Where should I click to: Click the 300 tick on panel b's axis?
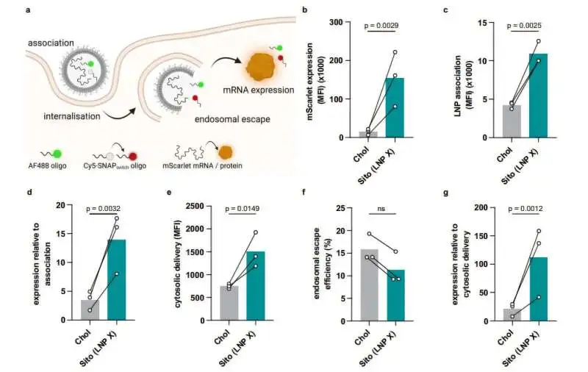pyautogui.click(x=340, y=22)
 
